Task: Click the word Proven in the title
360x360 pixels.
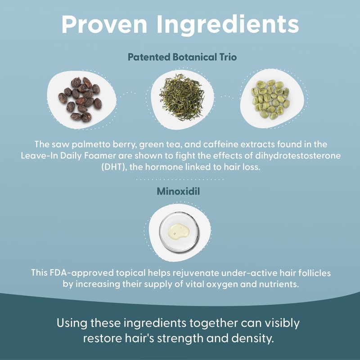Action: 104,24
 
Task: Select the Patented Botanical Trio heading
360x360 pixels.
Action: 182,57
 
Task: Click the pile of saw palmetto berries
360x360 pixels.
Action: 80,99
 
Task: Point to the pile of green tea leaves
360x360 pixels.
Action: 182,97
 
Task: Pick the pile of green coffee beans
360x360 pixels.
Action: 270,99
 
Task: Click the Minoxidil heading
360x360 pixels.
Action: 178,191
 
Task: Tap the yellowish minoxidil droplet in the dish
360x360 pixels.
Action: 179,231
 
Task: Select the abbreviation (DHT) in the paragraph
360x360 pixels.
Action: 114,167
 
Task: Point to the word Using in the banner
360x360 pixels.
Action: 72,323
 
